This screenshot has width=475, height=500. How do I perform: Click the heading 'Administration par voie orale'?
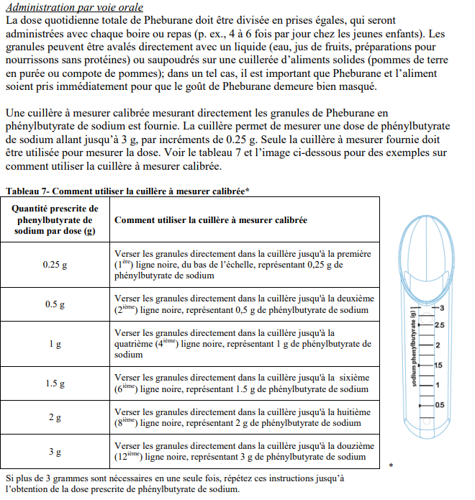click(x=73, y=8)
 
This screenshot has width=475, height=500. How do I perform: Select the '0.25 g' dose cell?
click(x=55, y=265)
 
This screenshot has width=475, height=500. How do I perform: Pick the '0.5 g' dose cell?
click(x=55, y=304)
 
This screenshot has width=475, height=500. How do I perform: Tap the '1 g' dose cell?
click(x=55, y=344)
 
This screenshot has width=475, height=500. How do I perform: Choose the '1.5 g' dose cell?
click(x=55, y=383)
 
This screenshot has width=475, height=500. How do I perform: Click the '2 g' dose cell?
click(x=55, y=418)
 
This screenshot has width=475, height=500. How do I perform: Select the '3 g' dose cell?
click(x=55, y=453)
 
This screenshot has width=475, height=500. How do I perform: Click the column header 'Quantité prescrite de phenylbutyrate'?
click(x=55, y=219)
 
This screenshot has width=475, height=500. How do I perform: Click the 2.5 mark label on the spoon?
click(x=440, y=325)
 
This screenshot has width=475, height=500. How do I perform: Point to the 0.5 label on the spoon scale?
click(x=439, y=405)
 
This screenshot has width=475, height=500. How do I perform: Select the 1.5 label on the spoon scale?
click(x=439, y=365)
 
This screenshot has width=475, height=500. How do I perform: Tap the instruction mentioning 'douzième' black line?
click(x=244, y=452)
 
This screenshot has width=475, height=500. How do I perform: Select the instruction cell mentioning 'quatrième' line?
click(x=244, y=343)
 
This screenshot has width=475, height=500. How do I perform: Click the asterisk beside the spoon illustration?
click(x=391, y=466)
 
